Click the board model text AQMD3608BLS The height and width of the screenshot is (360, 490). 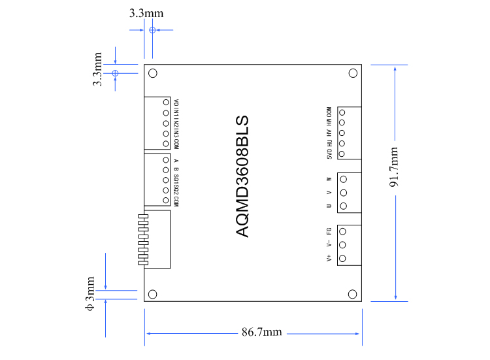click(241, 176)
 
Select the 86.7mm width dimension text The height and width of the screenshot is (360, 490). click(261, 333)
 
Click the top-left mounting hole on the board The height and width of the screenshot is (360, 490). click(153, 74)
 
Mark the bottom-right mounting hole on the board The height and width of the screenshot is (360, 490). click(353, 294)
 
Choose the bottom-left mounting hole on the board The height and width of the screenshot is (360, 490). click(153, 294)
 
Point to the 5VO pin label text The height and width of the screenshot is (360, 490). click(329, 155)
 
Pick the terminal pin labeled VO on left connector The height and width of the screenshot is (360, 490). click(165, 103)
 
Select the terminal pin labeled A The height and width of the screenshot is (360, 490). click(165, 160)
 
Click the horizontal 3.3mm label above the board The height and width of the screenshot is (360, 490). click(146, 12)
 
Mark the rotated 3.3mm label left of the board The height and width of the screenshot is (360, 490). click(97, 70)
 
